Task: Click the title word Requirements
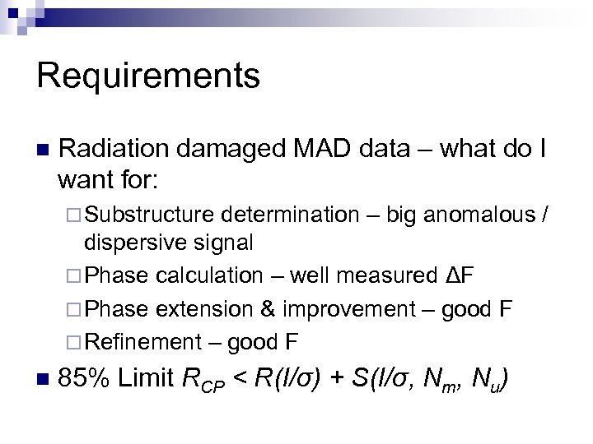tap(148, 76)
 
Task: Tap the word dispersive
tap(128, 243)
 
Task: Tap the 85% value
tap(86, 379)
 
